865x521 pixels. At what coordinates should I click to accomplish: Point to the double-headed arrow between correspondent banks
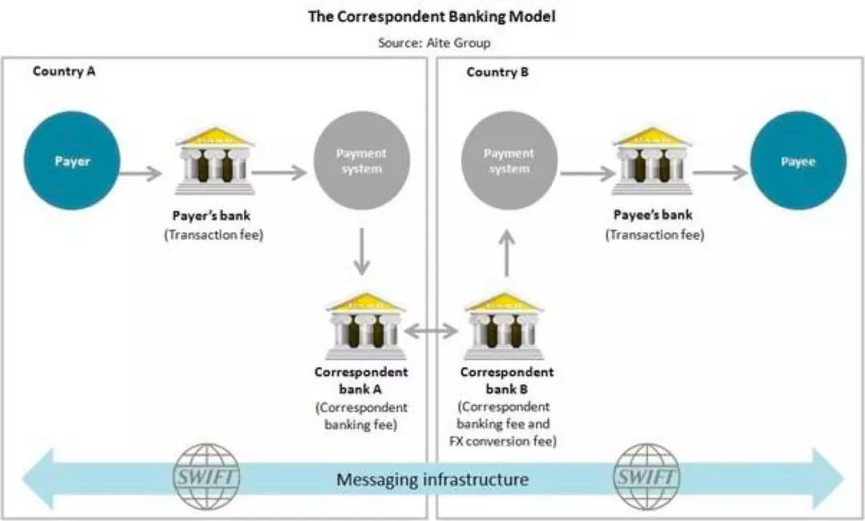434,331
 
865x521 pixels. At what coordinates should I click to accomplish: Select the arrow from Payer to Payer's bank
145,171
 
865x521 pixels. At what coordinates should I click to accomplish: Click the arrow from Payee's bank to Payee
720,173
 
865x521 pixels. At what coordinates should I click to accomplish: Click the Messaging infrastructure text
432,479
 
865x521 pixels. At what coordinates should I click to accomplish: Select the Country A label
64,71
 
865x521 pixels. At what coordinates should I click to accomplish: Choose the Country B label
497,72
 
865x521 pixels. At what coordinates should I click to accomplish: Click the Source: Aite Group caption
433,43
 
